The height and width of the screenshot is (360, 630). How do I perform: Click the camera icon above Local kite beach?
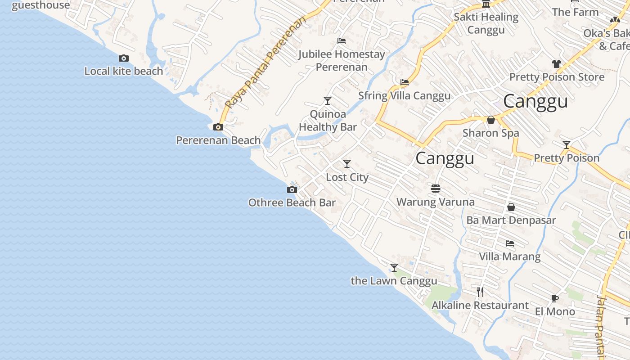124,58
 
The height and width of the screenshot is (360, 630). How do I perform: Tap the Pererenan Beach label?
218,140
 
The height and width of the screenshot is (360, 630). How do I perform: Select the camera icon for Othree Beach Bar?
292,189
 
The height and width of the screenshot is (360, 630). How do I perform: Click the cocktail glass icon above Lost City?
346,164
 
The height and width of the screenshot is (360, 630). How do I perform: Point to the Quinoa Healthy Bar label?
328,121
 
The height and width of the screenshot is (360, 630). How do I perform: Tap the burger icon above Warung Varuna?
435,188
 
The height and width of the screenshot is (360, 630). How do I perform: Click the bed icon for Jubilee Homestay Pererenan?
342,41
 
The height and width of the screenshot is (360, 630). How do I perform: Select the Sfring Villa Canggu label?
404,96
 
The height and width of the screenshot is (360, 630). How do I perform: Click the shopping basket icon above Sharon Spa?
491,120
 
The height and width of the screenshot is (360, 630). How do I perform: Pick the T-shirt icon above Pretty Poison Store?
557,64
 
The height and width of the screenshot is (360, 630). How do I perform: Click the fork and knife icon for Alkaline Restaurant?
480,292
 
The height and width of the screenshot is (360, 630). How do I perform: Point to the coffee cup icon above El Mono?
555,298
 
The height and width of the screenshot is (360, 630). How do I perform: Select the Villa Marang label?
510,256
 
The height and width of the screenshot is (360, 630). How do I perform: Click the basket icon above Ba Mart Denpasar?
511,207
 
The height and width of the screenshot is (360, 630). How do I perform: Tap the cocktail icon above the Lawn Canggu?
394,268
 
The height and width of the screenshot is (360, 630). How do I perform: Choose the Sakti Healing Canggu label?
486,23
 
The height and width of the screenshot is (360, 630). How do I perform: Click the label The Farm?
575,12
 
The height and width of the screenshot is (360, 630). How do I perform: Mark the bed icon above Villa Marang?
510,243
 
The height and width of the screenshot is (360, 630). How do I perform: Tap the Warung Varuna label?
435,202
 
